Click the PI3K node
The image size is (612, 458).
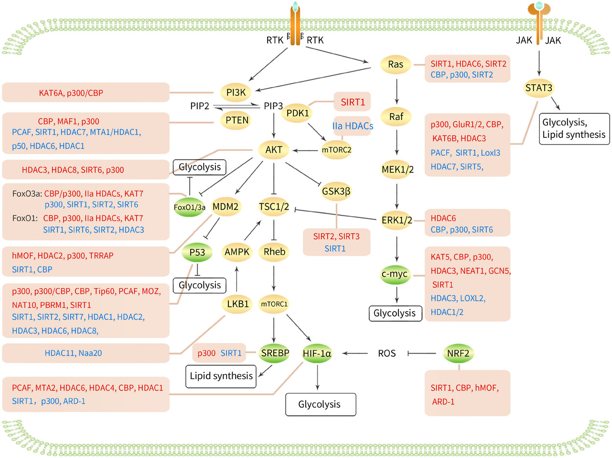(x=236, y=92)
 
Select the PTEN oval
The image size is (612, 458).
(x=236, y=121)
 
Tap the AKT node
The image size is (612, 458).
(x=274, y=150)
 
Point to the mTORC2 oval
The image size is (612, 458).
(x=336, y=150)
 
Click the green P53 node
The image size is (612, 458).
(x=197, y=253)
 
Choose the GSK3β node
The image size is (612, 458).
(x=336, y=191)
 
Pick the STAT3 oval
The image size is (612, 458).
(x=538, y=88)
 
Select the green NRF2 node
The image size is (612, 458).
(x=458, y=354)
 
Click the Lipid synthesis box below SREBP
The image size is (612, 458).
(x=221, y=377)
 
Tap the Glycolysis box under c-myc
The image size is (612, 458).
(x=396, y=313)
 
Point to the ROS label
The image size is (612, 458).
(x=387, y=354)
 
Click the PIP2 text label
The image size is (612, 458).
(x=200, y=106)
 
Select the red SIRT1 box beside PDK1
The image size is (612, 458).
(x=353, y=102)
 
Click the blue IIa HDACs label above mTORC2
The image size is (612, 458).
(x=353, y=126)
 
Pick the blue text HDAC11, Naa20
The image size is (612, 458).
(x=73, y=353)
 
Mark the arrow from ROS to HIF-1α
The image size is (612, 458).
(x=355, y=354)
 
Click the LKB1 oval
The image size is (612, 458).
(x=237, y=304)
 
